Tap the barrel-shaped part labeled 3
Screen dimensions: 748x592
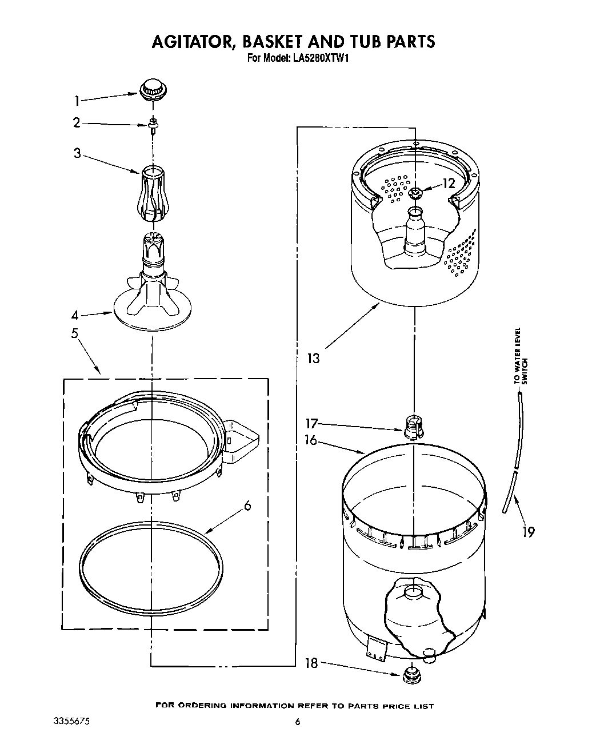[151, 193]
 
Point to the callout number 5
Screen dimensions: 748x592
[75, 333]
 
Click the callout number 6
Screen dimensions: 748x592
[247, 506]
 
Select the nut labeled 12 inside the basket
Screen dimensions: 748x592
[415, 193]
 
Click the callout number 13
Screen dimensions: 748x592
[313, 359]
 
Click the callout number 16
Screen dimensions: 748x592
[311, 441]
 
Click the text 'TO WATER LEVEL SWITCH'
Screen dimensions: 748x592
[521, 355]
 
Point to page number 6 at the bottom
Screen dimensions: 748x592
[297, 722]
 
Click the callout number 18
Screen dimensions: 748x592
[311, 663]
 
